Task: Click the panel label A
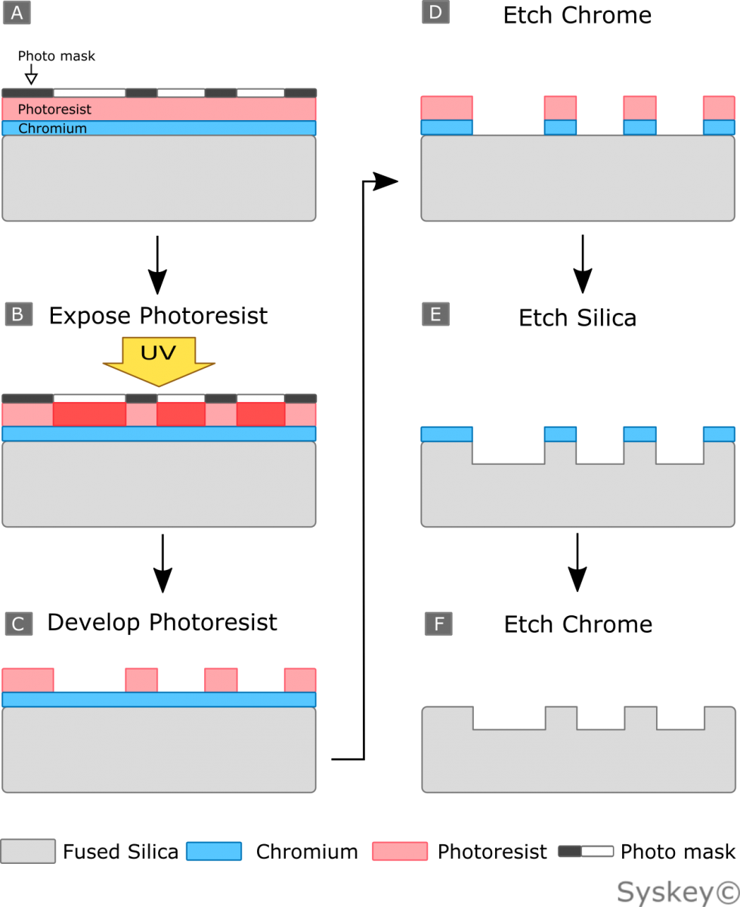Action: [17, 13]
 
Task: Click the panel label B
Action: [18, 314]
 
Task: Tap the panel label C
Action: [18, 624]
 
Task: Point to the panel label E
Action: [435, 314]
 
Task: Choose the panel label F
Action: [438, 624]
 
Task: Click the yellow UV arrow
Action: [159, 360]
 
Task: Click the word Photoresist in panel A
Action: [54, 110]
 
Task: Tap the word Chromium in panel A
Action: [52, 128]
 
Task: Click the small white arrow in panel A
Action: [31, 77]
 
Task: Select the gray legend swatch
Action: [28, 851]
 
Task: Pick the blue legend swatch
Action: [214, 851]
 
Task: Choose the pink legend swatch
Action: [400, 851]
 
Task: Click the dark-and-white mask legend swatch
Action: [586, 851]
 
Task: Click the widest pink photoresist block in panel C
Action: [28, 679]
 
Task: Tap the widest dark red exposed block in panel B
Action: [89, 414]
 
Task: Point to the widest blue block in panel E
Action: [447, 434]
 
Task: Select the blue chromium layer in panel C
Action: [159, 699]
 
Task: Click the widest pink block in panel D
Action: [447, 107]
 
